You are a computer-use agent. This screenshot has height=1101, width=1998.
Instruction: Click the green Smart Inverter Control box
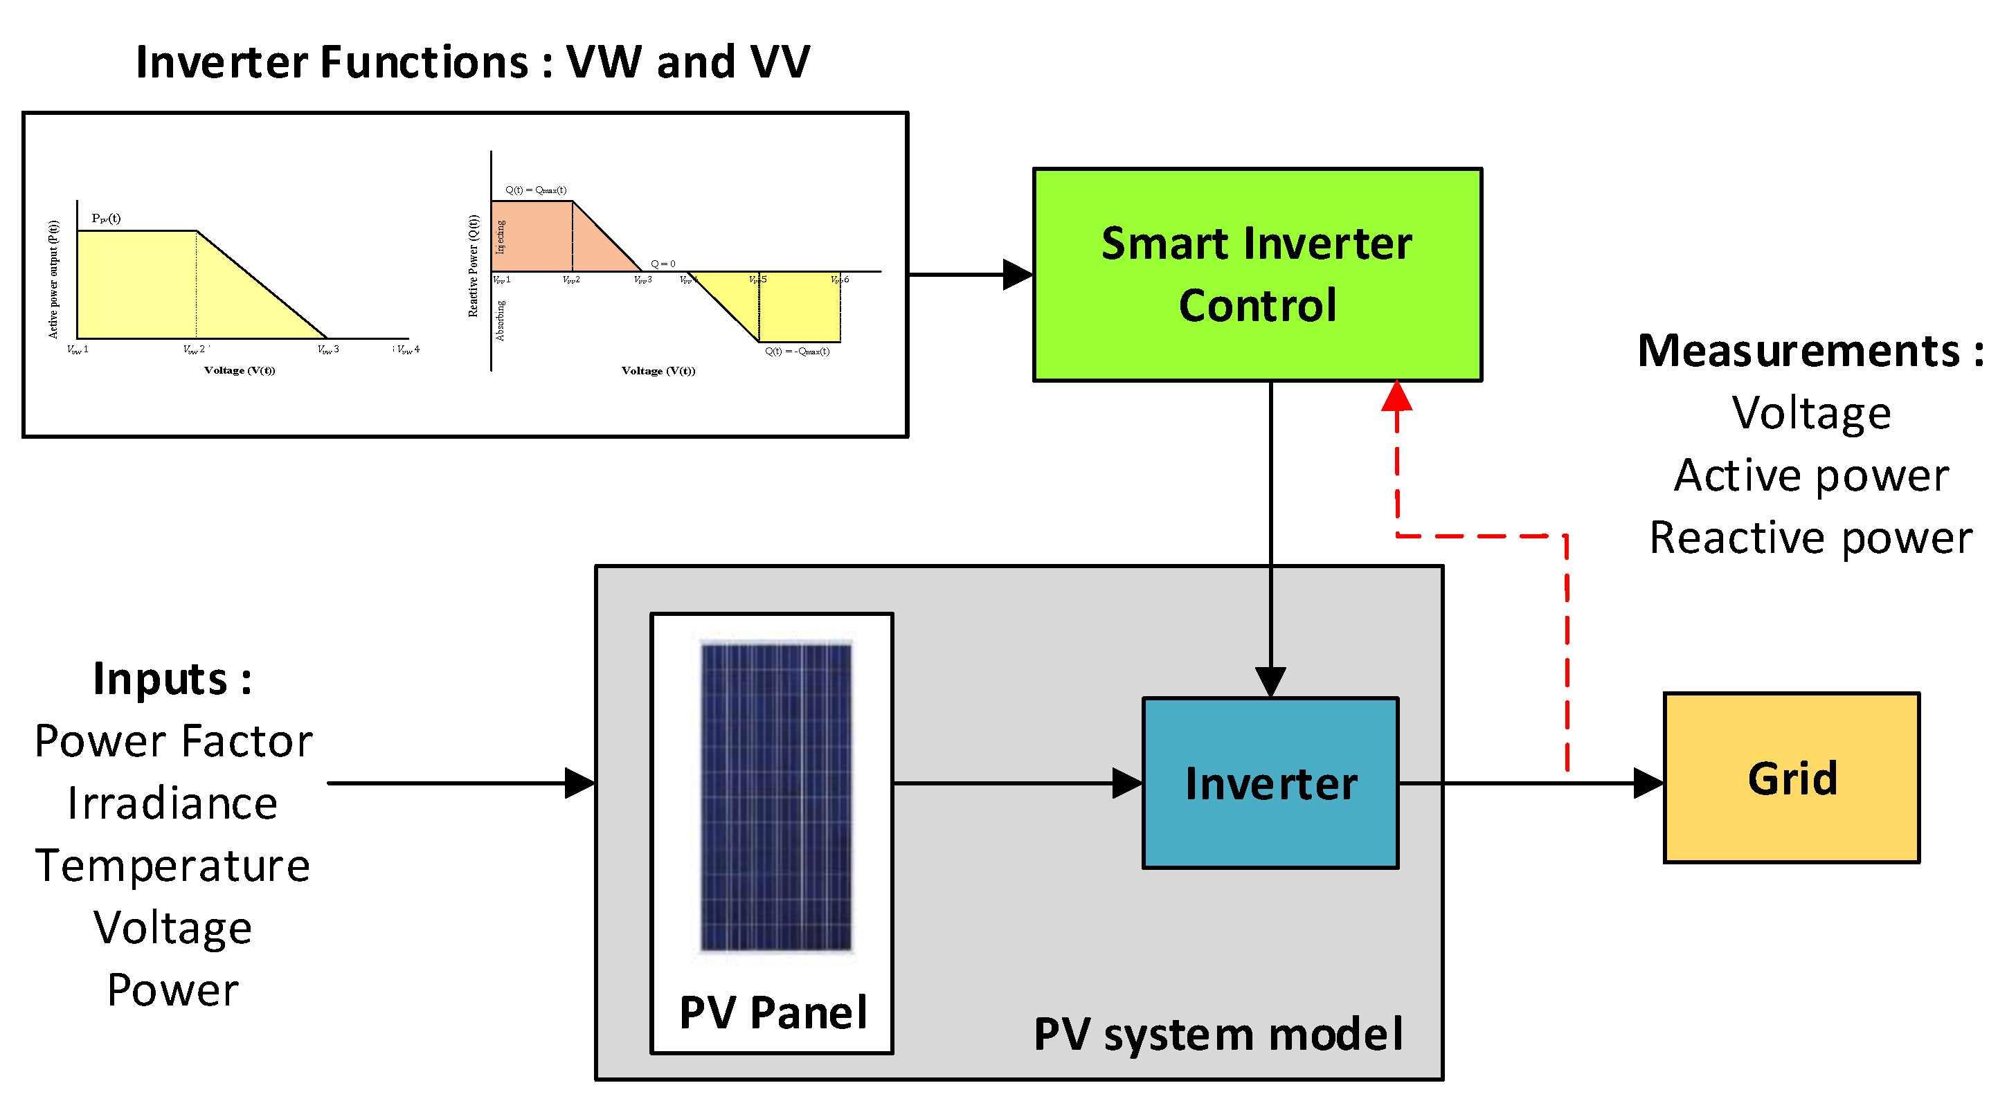1257,274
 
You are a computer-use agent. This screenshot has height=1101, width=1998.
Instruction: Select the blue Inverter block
1270,783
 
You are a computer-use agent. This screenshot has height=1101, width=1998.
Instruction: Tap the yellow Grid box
1791,778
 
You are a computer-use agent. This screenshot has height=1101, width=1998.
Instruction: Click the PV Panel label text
773,1012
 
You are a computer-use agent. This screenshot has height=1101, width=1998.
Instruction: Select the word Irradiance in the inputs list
172,803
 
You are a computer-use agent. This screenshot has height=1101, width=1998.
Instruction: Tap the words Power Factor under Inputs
173,741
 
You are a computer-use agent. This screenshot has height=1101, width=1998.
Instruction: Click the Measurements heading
1810,350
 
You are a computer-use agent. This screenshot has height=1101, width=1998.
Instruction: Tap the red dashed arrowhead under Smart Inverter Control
1397,397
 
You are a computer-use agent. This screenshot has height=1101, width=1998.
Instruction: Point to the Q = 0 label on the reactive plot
663,264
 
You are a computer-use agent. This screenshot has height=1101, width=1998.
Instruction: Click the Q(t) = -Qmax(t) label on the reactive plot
797,352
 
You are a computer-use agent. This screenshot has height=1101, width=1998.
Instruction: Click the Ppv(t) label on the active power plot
106,219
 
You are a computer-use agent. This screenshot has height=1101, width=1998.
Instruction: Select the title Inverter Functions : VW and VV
472,62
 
